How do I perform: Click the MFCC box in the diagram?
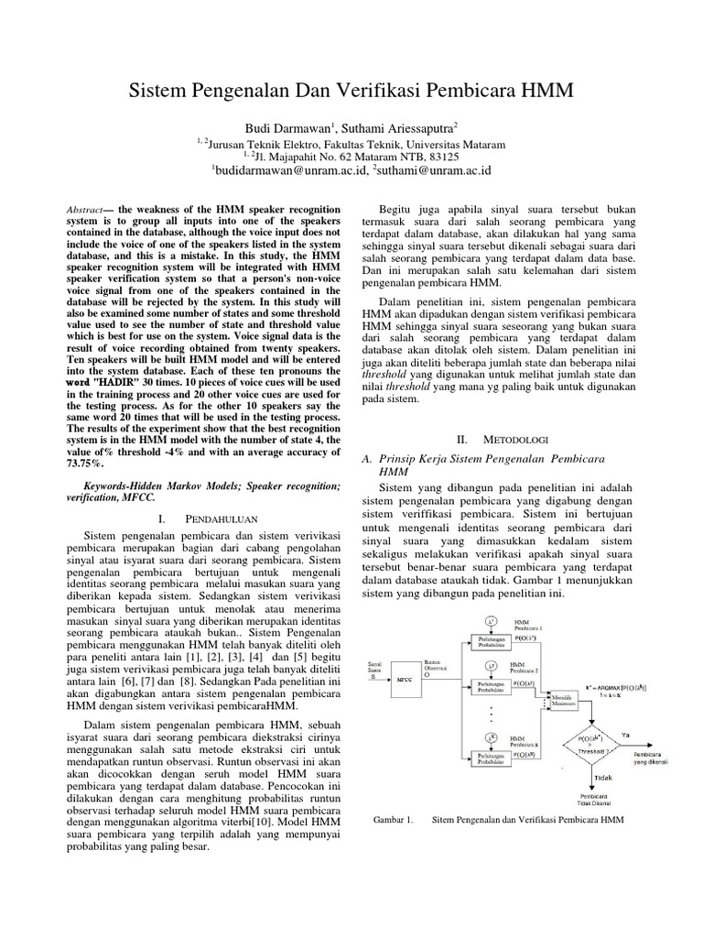tap(404, 680)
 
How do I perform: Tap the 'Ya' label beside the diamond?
tap(626, 734)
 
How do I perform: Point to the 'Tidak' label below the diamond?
tap(602, 777)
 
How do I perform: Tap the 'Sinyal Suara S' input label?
tap(375, 668)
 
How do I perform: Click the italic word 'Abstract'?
tap(89, 210)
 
